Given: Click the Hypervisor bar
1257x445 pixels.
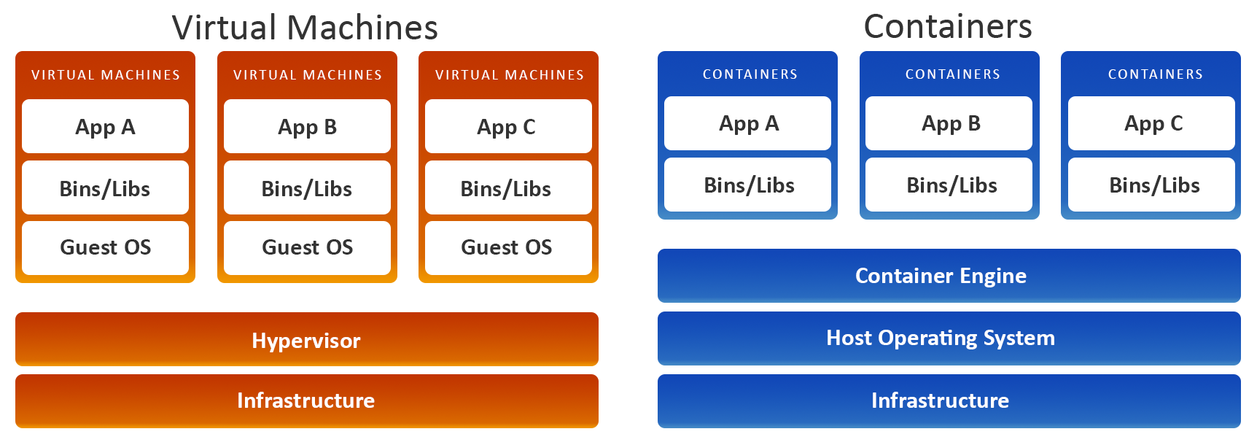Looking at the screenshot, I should click(x=306, y=340).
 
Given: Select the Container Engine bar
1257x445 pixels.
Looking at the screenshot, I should click(x=949, y=276).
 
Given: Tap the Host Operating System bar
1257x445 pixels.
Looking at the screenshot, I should click(x=949, y=338).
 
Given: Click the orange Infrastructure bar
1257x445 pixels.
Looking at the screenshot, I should click(x=306, y=400).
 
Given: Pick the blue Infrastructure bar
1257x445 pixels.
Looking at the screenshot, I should click(x=949, y=400).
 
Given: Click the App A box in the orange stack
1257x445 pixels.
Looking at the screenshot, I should click(x=105, y=126).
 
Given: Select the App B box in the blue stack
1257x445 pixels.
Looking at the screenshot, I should click(x=949, y=123).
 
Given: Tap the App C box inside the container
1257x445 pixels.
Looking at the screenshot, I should click(x=1151, y=123).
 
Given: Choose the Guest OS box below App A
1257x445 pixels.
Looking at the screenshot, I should click(x=105, y=247).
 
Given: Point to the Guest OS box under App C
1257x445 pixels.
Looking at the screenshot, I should click(x=508, y=247).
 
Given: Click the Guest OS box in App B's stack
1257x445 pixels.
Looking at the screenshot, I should click(x=307, y=247).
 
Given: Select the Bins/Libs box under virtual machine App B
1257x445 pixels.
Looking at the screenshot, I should click(x=307, y=188).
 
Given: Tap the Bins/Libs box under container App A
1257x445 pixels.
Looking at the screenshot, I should click(x=747, y=185).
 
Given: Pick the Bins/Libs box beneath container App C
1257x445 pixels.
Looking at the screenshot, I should click(x=1151, y=185).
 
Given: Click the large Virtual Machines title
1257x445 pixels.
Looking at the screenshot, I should click(x=305, y=27).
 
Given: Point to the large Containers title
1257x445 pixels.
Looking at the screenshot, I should click(x=948, y=26).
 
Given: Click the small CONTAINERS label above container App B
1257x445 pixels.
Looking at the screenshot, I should click(x=952, y=74).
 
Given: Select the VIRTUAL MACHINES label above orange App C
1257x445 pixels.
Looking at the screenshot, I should click(x=509, y=75).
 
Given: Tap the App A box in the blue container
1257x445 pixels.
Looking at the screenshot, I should click(x=747, y=123).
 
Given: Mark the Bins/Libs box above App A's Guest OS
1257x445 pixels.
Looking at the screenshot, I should click(x=105, y=188).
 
